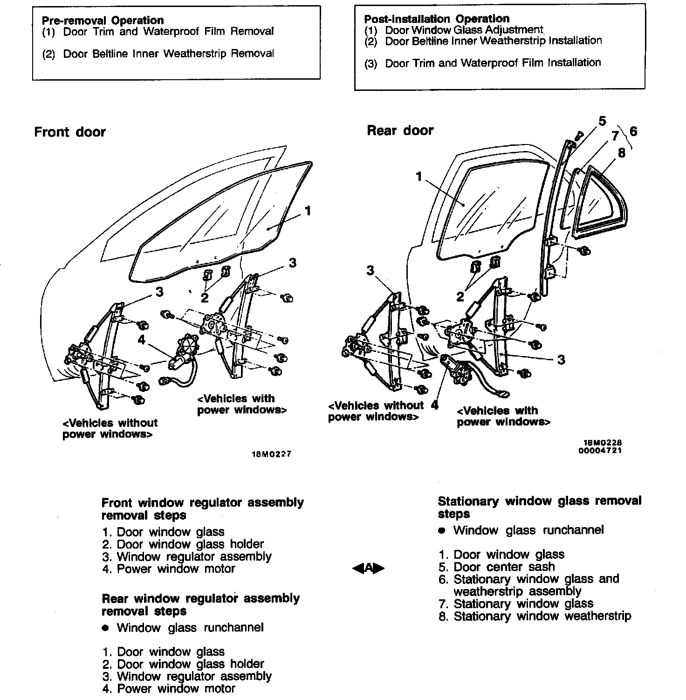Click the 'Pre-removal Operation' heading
point(103,21)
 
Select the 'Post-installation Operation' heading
point(437,19)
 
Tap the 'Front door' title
point(70,132)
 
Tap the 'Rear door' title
point(400,130)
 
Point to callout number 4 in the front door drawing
point(142,340)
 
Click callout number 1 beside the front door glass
point(308,211)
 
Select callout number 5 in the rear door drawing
point(602,122)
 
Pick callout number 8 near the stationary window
point(622,153)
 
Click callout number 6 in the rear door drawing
point(633,131)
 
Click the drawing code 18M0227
point(272,454)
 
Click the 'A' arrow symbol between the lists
point(369,568)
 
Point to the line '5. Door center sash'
point(497,567)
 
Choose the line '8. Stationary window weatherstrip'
point(535,616)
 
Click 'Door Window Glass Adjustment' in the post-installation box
point(464,30)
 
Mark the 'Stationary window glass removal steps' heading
point(539,508)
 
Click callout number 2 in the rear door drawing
point(460,297)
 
